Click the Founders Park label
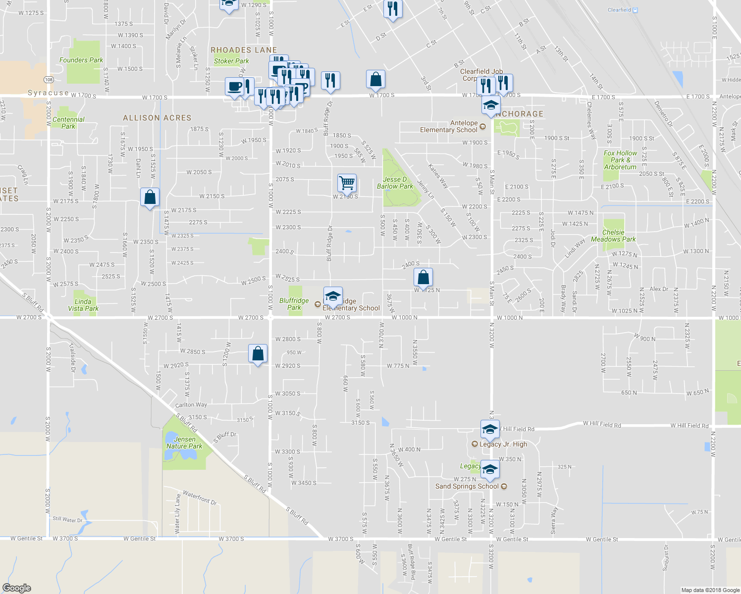[x=81, y=60]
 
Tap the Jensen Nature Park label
[x=184, y=443]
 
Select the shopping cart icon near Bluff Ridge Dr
[x=347, y=183]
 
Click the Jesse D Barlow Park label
[x=395, y=183]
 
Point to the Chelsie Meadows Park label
[x=613, y=236]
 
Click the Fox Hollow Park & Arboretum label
[x=620, y=160]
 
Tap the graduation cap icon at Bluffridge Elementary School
[x=333, y=296]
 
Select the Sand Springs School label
[x=467, y=486]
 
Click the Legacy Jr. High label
[x=503, y=444]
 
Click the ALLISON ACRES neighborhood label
[x=157, y=118]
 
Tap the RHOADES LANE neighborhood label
[x=244, y=50]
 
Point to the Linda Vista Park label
[x=83, y=305]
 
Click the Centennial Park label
[x=68, y=123]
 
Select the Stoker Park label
[x=231, y=61]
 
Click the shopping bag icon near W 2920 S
[x=258, y=354]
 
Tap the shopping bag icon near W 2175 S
[x=150, y=198]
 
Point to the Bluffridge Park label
[x=294, y=304]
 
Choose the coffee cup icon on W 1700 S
[x=235, y=86]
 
